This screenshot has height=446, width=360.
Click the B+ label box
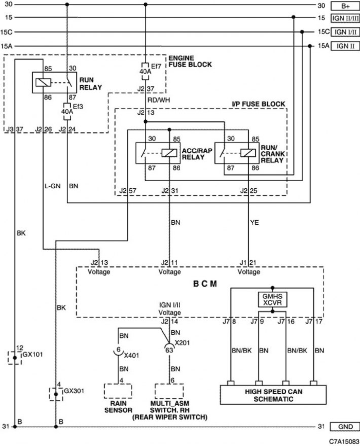(345, 6)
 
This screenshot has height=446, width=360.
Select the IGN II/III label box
(345, 18)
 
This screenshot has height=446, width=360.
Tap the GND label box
(345, 427)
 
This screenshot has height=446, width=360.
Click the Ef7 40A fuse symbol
(145, 72)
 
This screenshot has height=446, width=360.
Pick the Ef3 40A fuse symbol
(67, 112)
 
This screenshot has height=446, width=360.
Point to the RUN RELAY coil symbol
(43, 83)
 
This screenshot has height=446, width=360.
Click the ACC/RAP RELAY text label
(197, 154)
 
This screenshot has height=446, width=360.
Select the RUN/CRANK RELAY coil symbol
(248, 153)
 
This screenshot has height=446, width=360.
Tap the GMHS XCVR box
(272, 299)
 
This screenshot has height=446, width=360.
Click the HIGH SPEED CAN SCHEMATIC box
(273, 395)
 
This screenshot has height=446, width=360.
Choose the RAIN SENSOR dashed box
(118, 391)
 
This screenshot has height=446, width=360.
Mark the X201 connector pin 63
(169, 349)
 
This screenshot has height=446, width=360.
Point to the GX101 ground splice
(15, 358)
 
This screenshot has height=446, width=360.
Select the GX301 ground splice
(56, 394)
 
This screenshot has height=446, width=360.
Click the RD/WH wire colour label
(159, 100)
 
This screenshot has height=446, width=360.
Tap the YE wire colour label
(255, 222)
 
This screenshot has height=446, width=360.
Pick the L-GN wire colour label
(53, 186)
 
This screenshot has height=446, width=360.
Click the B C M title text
(205, 284)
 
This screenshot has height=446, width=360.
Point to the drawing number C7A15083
(344, 441)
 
